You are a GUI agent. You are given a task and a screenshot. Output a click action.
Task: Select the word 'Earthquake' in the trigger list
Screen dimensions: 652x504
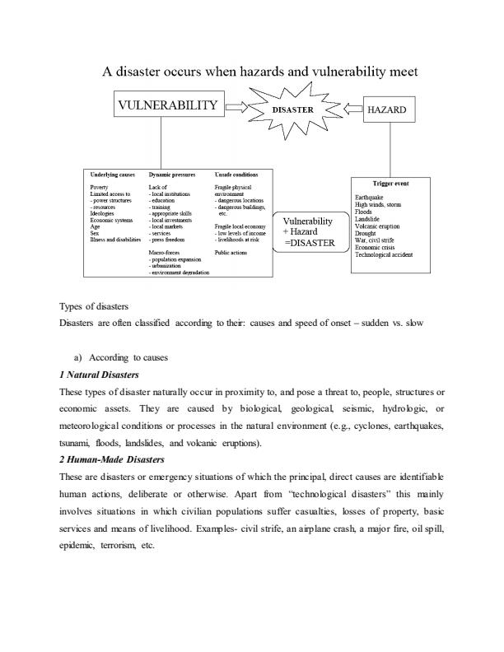point(368,198)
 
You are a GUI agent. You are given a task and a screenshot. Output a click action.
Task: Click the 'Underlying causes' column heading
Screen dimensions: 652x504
point(112,175)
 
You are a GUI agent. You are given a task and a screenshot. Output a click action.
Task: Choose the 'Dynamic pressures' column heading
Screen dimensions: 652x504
point(171,175)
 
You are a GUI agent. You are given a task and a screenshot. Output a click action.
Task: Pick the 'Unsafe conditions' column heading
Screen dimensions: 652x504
point(236,175)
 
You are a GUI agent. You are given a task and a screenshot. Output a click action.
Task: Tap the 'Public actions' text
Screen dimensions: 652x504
point(231,253)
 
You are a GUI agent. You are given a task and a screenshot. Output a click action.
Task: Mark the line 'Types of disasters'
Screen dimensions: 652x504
point(93,306)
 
